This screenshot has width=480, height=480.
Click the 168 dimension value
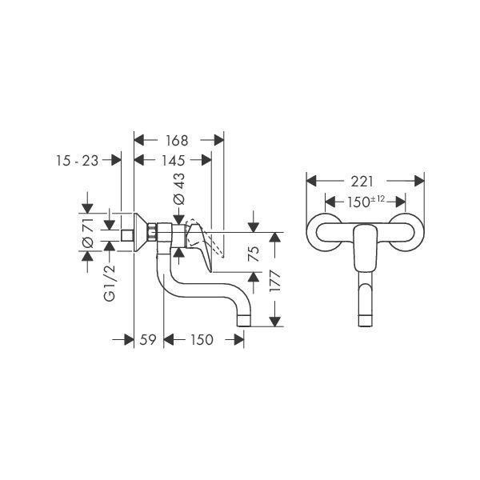[x=177, y=141]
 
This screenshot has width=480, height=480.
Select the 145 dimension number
[x=174, y=161]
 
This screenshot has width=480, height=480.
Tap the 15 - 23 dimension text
[x=77, y=161]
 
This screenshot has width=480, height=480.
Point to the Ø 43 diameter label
[x=179, y=189]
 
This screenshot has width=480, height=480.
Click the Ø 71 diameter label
[x=88, y=233]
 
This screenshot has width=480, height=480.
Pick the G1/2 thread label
[x=110, y=283]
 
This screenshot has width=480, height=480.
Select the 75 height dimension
[x=254, y=254]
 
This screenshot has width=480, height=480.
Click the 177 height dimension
[x=275, y=281]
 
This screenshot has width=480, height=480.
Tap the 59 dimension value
[x=148, y=340]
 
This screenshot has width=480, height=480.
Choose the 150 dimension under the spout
[x=202, y=340]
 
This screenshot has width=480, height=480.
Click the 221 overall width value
[x=362, y=182]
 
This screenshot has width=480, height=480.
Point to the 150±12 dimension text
[x=366, y=202]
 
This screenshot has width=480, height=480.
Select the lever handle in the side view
[x=200, y=245]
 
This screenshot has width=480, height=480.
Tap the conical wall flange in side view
[x=141, y=232]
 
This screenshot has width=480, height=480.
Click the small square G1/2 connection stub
[x=127, y=235]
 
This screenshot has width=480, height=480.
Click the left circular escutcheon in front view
[x=325, y=232]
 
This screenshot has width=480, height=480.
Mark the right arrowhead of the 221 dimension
[x=419, y=181]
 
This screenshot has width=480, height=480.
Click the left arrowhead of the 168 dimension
[x=139, y=140]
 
